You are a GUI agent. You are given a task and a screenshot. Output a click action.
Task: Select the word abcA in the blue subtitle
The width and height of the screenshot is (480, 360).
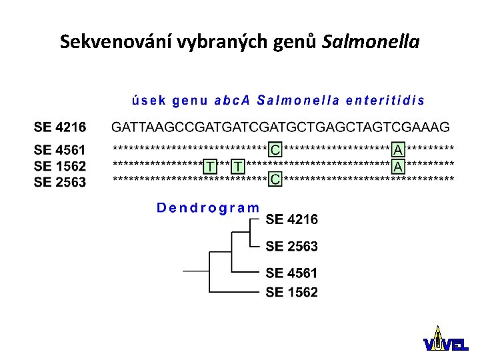pos(231,101)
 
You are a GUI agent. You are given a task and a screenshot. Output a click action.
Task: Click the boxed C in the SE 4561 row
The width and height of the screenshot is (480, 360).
pos(275,149)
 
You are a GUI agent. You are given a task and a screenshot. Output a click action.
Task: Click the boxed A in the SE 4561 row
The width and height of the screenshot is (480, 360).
pos(398,149)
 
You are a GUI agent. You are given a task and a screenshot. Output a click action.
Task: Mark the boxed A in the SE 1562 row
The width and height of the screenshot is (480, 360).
pos(398,165)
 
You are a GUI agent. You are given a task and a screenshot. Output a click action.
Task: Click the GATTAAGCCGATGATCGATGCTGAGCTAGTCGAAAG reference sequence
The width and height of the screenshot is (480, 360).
pos(280,127)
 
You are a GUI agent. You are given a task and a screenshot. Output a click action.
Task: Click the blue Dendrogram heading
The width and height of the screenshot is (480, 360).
pos(208,207)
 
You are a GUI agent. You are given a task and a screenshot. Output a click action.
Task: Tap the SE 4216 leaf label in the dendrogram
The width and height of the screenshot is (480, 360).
pos(292,219)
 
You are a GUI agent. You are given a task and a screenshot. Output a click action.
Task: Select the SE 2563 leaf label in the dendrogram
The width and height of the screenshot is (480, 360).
pos(292,246)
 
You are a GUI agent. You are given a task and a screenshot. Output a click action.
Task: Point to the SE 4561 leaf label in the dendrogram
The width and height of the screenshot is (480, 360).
pos(292,273)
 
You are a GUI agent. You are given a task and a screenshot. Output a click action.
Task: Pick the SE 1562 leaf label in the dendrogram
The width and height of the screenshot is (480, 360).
pos(292,292)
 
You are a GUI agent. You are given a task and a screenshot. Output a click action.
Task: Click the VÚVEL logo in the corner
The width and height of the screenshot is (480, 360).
pos(445,340)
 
